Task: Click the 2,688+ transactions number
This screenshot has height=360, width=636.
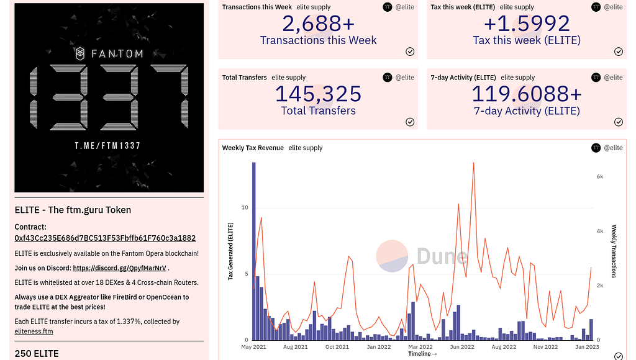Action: pyautogui.click(x=318, y=24)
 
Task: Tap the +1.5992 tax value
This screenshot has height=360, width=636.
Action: pyautogui.click(x=526, y=24)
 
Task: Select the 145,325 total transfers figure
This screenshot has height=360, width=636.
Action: pyautogui.click(x=318, y=94)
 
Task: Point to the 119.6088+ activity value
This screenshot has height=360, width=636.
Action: pyautogui.click(x=526, y=94)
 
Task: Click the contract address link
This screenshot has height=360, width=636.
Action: pyautogui.click(x=105, y=238)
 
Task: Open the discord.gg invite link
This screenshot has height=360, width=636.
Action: pyautogui.click(x=119, y=268)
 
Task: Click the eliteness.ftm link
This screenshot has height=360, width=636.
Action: pyautogui.click(x=34, y=331)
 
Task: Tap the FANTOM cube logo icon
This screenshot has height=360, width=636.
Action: pyautogui.click(x=81, y=54)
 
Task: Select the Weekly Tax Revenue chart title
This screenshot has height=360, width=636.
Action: pyautogui.click(x=253, y=148)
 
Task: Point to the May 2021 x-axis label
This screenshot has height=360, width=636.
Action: pyautogui.click(x=253, y=347)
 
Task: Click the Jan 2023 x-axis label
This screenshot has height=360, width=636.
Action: pyautogui.click(x=587, y=347)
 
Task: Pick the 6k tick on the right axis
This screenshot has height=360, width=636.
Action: pyautogui.click(x=600, y=177)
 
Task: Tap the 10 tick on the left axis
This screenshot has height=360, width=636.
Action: pyautogui.click(x=245, y=207)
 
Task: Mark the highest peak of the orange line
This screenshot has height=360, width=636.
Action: pyautogui.click(x=473, y=163)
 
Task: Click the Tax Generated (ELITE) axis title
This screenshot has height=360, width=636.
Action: pyautogui.click(x=230, y=251)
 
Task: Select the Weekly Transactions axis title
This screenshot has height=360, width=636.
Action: pyautogui.click(x=614, y=251)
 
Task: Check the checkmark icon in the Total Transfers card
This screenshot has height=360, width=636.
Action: pyautogui.click(x=410, y=122)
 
